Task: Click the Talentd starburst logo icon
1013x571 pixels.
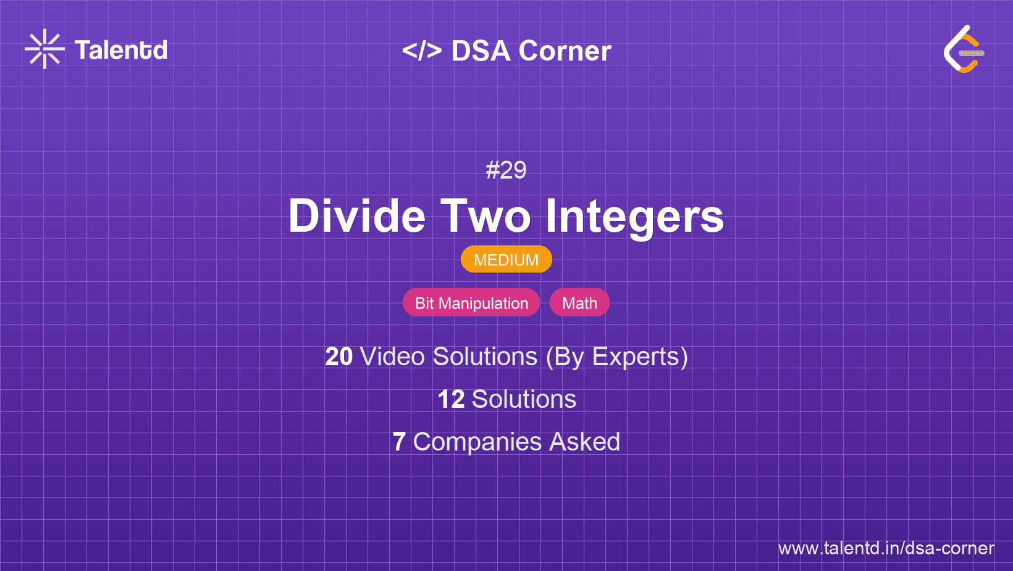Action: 44,49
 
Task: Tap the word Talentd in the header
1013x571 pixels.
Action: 121,50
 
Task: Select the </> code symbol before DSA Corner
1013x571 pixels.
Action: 422,51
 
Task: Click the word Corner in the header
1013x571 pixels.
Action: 565,51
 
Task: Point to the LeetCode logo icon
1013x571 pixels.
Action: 963,49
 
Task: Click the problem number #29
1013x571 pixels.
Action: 506,170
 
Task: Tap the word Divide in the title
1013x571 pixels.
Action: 357,216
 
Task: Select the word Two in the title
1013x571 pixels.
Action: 485,216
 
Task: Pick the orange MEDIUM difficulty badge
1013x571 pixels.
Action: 506,260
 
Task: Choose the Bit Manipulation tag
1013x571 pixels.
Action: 471,303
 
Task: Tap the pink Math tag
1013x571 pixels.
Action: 579,303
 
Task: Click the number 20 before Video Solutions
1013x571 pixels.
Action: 338,357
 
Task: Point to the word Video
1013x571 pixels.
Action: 392,357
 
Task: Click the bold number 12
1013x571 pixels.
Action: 451,399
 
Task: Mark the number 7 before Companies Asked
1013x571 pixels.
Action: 399,442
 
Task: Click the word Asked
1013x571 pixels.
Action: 584,442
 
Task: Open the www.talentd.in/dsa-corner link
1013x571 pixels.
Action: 886,548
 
